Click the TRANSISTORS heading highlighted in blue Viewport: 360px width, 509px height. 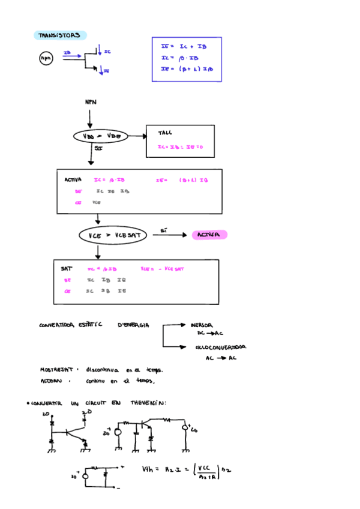tap(59, 36)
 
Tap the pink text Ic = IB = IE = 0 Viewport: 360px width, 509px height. tap(181, 147)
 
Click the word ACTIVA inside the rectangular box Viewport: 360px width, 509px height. tap(73, 180)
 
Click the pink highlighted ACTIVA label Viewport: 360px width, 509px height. tap(209, 235)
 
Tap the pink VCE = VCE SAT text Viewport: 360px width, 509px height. tap(163, 269)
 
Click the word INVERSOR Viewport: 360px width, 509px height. tap(201, 325)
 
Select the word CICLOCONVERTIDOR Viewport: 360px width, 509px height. tap(220, 347)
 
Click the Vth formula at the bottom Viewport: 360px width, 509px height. tap(187, 470)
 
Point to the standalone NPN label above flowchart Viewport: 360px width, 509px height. tap(90, 103)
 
